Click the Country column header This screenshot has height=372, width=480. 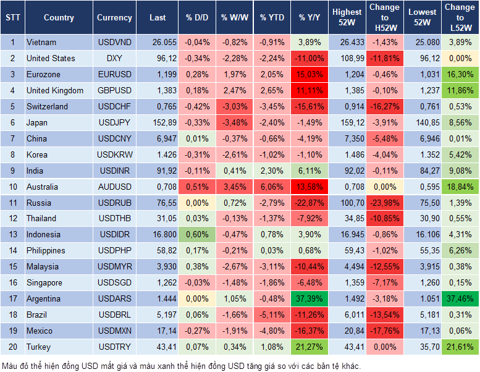point(59,18)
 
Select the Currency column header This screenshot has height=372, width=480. point(114,18)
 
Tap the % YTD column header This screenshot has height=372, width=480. point(272,18)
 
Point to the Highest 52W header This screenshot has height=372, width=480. point(347,17)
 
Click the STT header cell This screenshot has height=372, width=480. point(12,18)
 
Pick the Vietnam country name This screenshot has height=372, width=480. point(41,42)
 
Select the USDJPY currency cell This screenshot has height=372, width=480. point(114,122)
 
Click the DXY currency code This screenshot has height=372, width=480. point(114,58)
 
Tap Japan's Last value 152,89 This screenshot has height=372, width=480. point(158,122)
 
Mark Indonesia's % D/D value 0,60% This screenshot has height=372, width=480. point(196,234)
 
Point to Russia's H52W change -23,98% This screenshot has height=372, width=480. point(384,203)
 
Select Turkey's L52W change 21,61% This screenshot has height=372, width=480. point(460,347)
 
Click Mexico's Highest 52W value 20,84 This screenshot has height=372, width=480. point(347,331)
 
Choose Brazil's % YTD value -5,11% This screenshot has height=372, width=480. point(272,315)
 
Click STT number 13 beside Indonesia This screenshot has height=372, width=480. point(12,234)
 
